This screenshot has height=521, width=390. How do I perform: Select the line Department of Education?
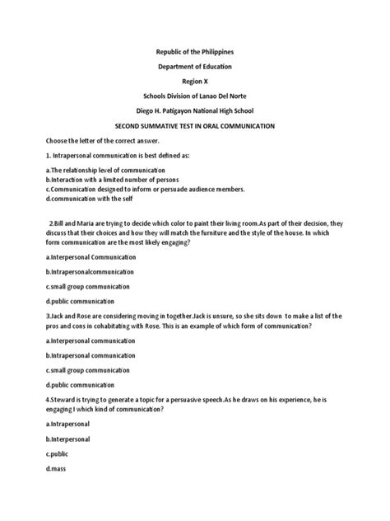coord(195,68)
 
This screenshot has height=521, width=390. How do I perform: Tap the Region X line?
coord(195,82)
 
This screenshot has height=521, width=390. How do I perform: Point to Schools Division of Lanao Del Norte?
coord(195,97)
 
